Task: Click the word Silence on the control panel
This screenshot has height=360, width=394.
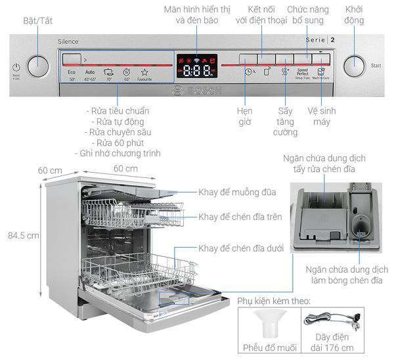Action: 68,41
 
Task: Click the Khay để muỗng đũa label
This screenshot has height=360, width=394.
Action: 237,192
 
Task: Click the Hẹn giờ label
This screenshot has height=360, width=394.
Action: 245,116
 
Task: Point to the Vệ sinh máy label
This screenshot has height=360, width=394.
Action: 321,116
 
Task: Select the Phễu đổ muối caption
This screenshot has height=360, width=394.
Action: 269,347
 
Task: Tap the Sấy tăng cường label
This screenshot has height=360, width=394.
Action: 285,122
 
